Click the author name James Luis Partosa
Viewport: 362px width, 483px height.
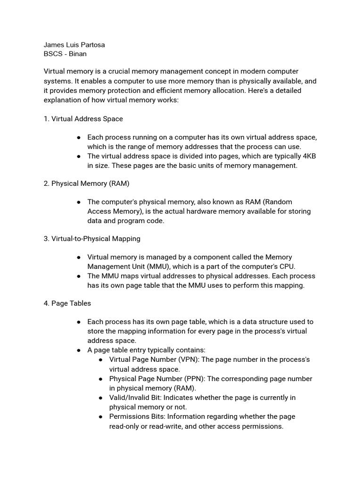pos(74,45)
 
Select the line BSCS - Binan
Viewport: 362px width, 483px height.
pos(65,54)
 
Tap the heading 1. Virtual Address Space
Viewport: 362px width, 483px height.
pos(83,119)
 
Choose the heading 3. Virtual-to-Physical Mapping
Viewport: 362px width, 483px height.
pos(92,239)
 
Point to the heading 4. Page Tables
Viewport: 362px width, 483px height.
pos(67,303)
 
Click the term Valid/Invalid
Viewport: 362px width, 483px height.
pos(131,398)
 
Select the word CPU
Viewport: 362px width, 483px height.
pos(288,266)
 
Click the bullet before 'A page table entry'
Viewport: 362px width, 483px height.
pos(79,350)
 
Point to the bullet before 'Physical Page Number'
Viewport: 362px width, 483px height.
pos(101,379)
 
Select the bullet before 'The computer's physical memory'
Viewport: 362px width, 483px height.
pos(79,202)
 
